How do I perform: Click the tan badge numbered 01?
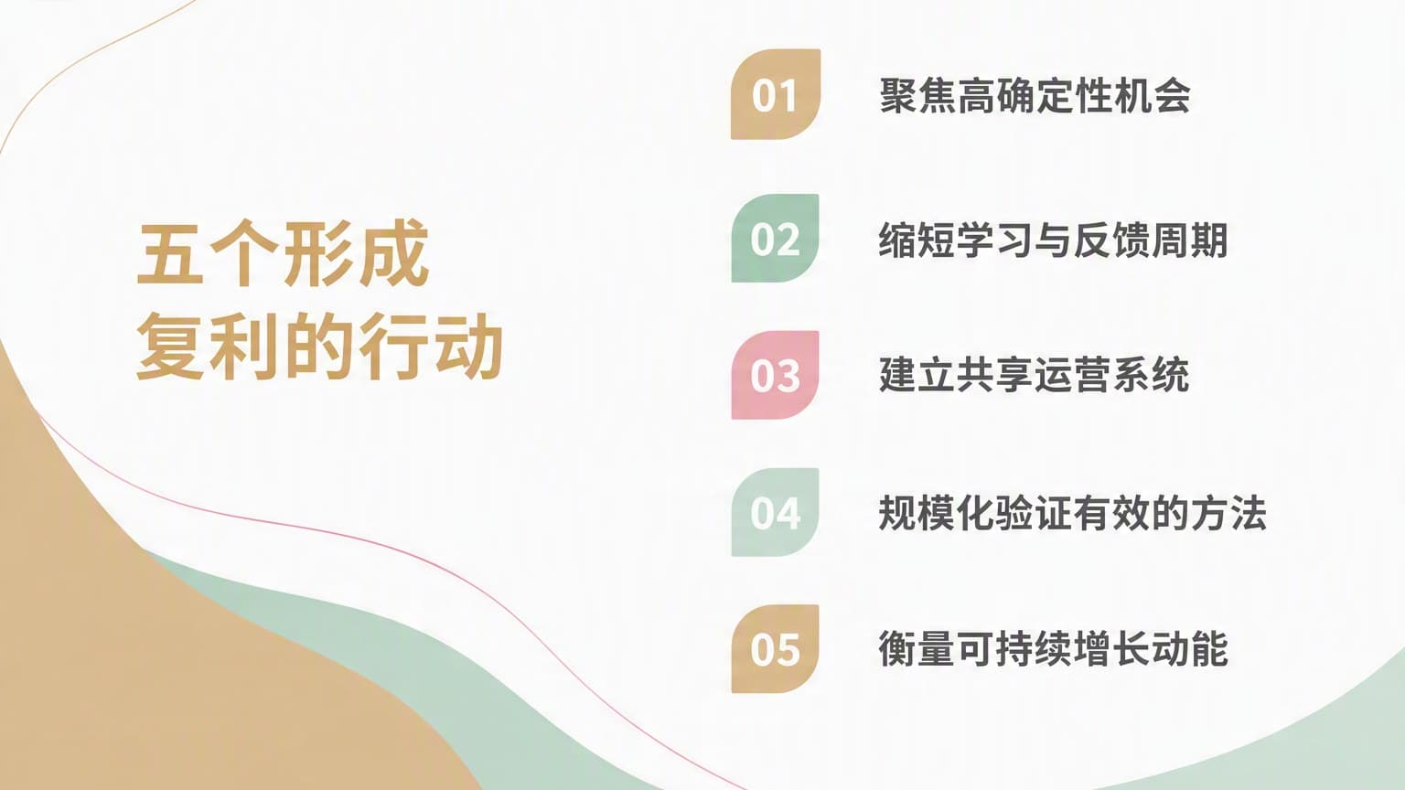tap(776, 94)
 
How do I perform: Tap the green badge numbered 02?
tap(776, 239)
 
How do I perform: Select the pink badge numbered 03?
tap(776, 375)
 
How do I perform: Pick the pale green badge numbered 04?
tap(776, 512)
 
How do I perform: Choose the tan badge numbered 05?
tap(776, 649)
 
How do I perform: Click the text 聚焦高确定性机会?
tap(1035, 96)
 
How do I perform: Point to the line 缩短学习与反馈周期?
tap(1054, 240)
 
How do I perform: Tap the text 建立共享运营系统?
tap(1035, 375)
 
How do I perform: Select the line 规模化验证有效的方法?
tap(1073, 512)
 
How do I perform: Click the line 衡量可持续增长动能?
tap(1054, 648)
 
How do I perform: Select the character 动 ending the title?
tap(469, 346)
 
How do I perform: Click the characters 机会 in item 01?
tap(1153, 96)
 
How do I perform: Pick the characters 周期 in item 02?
tap(1190, 240)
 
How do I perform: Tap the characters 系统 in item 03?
tap(1152, 375)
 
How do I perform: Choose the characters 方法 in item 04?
tap(1228, 512)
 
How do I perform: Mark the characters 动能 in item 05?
tap(1190, 648)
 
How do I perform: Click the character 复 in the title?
tap(170, 346)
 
